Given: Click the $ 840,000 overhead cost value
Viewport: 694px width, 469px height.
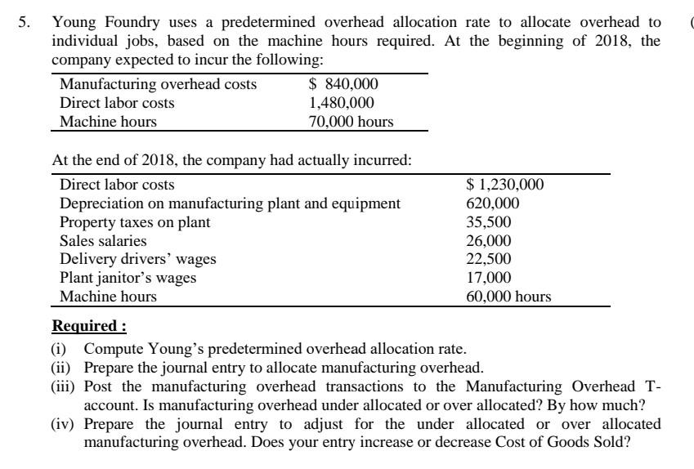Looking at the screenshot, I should tap(343, 84).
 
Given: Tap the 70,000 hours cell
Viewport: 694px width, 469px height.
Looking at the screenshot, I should tap(351, 122).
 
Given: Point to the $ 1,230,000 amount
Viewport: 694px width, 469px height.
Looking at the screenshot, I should tap(505, 185).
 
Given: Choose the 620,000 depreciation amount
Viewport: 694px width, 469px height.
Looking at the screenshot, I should tap(492, 203).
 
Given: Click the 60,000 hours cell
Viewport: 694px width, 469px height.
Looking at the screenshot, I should tap(508, 297).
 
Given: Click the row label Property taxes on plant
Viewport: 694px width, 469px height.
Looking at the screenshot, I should tap(135, 222).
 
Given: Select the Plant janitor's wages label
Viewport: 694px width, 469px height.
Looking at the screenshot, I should tap(128, 278).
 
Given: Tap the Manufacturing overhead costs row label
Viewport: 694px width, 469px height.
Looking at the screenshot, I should tap(159, 84).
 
